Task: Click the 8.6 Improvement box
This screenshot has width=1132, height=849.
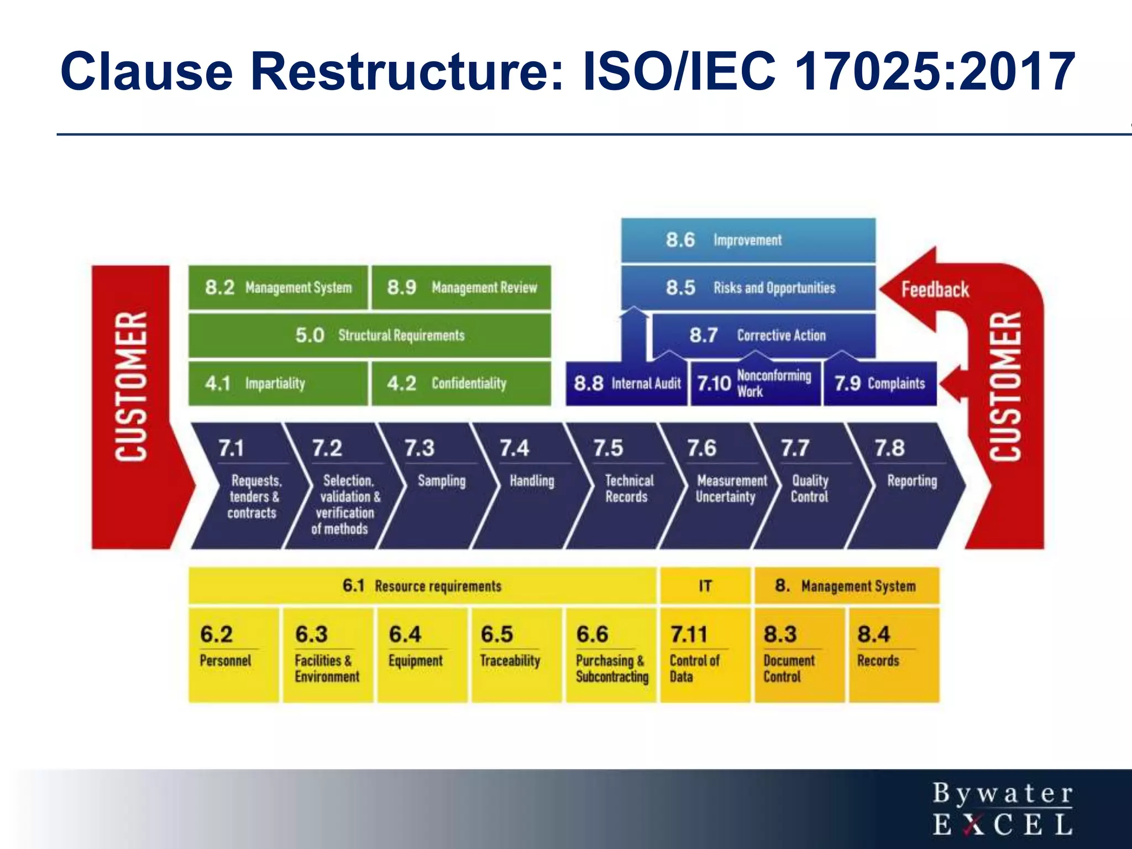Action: pos(748,240)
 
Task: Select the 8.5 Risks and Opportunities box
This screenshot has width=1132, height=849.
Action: pos(748,287)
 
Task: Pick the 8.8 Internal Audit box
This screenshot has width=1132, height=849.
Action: pos(626,384)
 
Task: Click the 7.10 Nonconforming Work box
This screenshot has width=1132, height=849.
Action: pos(755,384)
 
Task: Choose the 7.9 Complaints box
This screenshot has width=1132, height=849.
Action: pos(879,384)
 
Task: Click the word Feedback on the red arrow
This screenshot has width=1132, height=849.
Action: pos(935,290)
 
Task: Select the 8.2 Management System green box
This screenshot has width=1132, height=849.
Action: pos(278,287)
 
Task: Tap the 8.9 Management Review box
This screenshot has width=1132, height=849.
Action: pos(461,287)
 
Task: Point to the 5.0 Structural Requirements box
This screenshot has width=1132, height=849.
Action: pos(369,335)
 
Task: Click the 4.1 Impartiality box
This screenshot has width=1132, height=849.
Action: pos(278,384)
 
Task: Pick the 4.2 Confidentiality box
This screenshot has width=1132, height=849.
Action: pos(461,384)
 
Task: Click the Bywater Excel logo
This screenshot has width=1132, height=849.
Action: pos(1002,808)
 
